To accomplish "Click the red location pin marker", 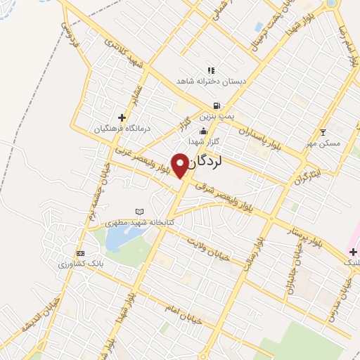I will pos(180,165).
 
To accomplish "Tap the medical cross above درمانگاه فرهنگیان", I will pos(122,117).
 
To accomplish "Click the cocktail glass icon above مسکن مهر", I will pos(323,131).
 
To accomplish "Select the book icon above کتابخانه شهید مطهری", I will pos(139,211).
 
